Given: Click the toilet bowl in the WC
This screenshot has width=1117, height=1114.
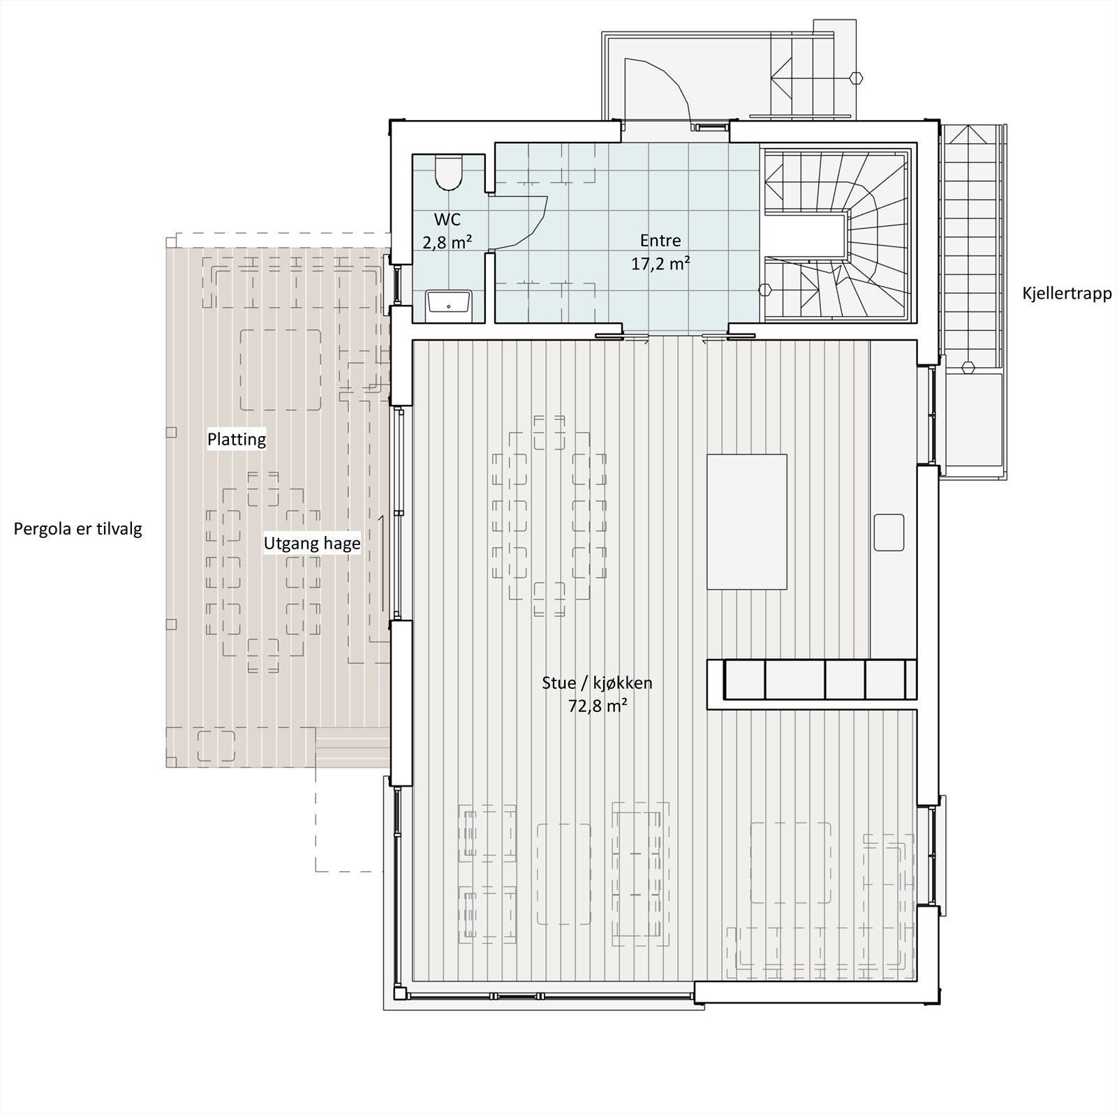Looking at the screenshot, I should click(x=447, y=172).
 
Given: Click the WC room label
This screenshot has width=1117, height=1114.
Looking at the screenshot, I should click(x=447, y=220).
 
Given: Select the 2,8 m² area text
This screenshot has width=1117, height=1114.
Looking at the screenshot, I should click(x=447, y=243).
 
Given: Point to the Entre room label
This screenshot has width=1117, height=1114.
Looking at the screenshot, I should click(x=660, y=241).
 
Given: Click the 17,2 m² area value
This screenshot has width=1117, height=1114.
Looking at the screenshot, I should click(x=660, y=264).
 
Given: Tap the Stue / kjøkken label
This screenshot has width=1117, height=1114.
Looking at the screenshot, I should click(x=597, y=683).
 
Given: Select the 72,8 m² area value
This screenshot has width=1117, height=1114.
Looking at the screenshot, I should click(x=597, y=706).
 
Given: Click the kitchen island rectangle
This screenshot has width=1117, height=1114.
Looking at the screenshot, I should click(x=746, y=521).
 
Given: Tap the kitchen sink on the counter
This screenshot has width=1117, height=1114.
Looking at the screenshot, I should click(x=889, y=533).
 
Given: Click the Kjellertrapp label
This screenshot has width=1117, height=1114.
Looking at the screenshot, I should click(x=1066, y=294).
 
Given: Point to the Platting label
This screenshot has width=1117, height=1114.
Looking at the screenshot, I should click(x=237, y=440).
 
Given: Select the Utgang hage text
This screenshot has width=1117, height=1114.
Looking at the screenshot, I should click(x=312, y=543).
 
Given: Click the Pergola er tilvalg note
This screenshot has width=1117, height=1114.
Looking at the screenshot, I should click(x=78, y=529).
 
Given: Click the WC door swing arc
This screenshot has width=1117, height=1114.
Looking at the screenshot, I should click(x=531, y=220).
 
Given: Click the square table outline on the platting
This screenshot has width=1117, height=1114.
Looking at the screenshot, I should click(x=281, y=369).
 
